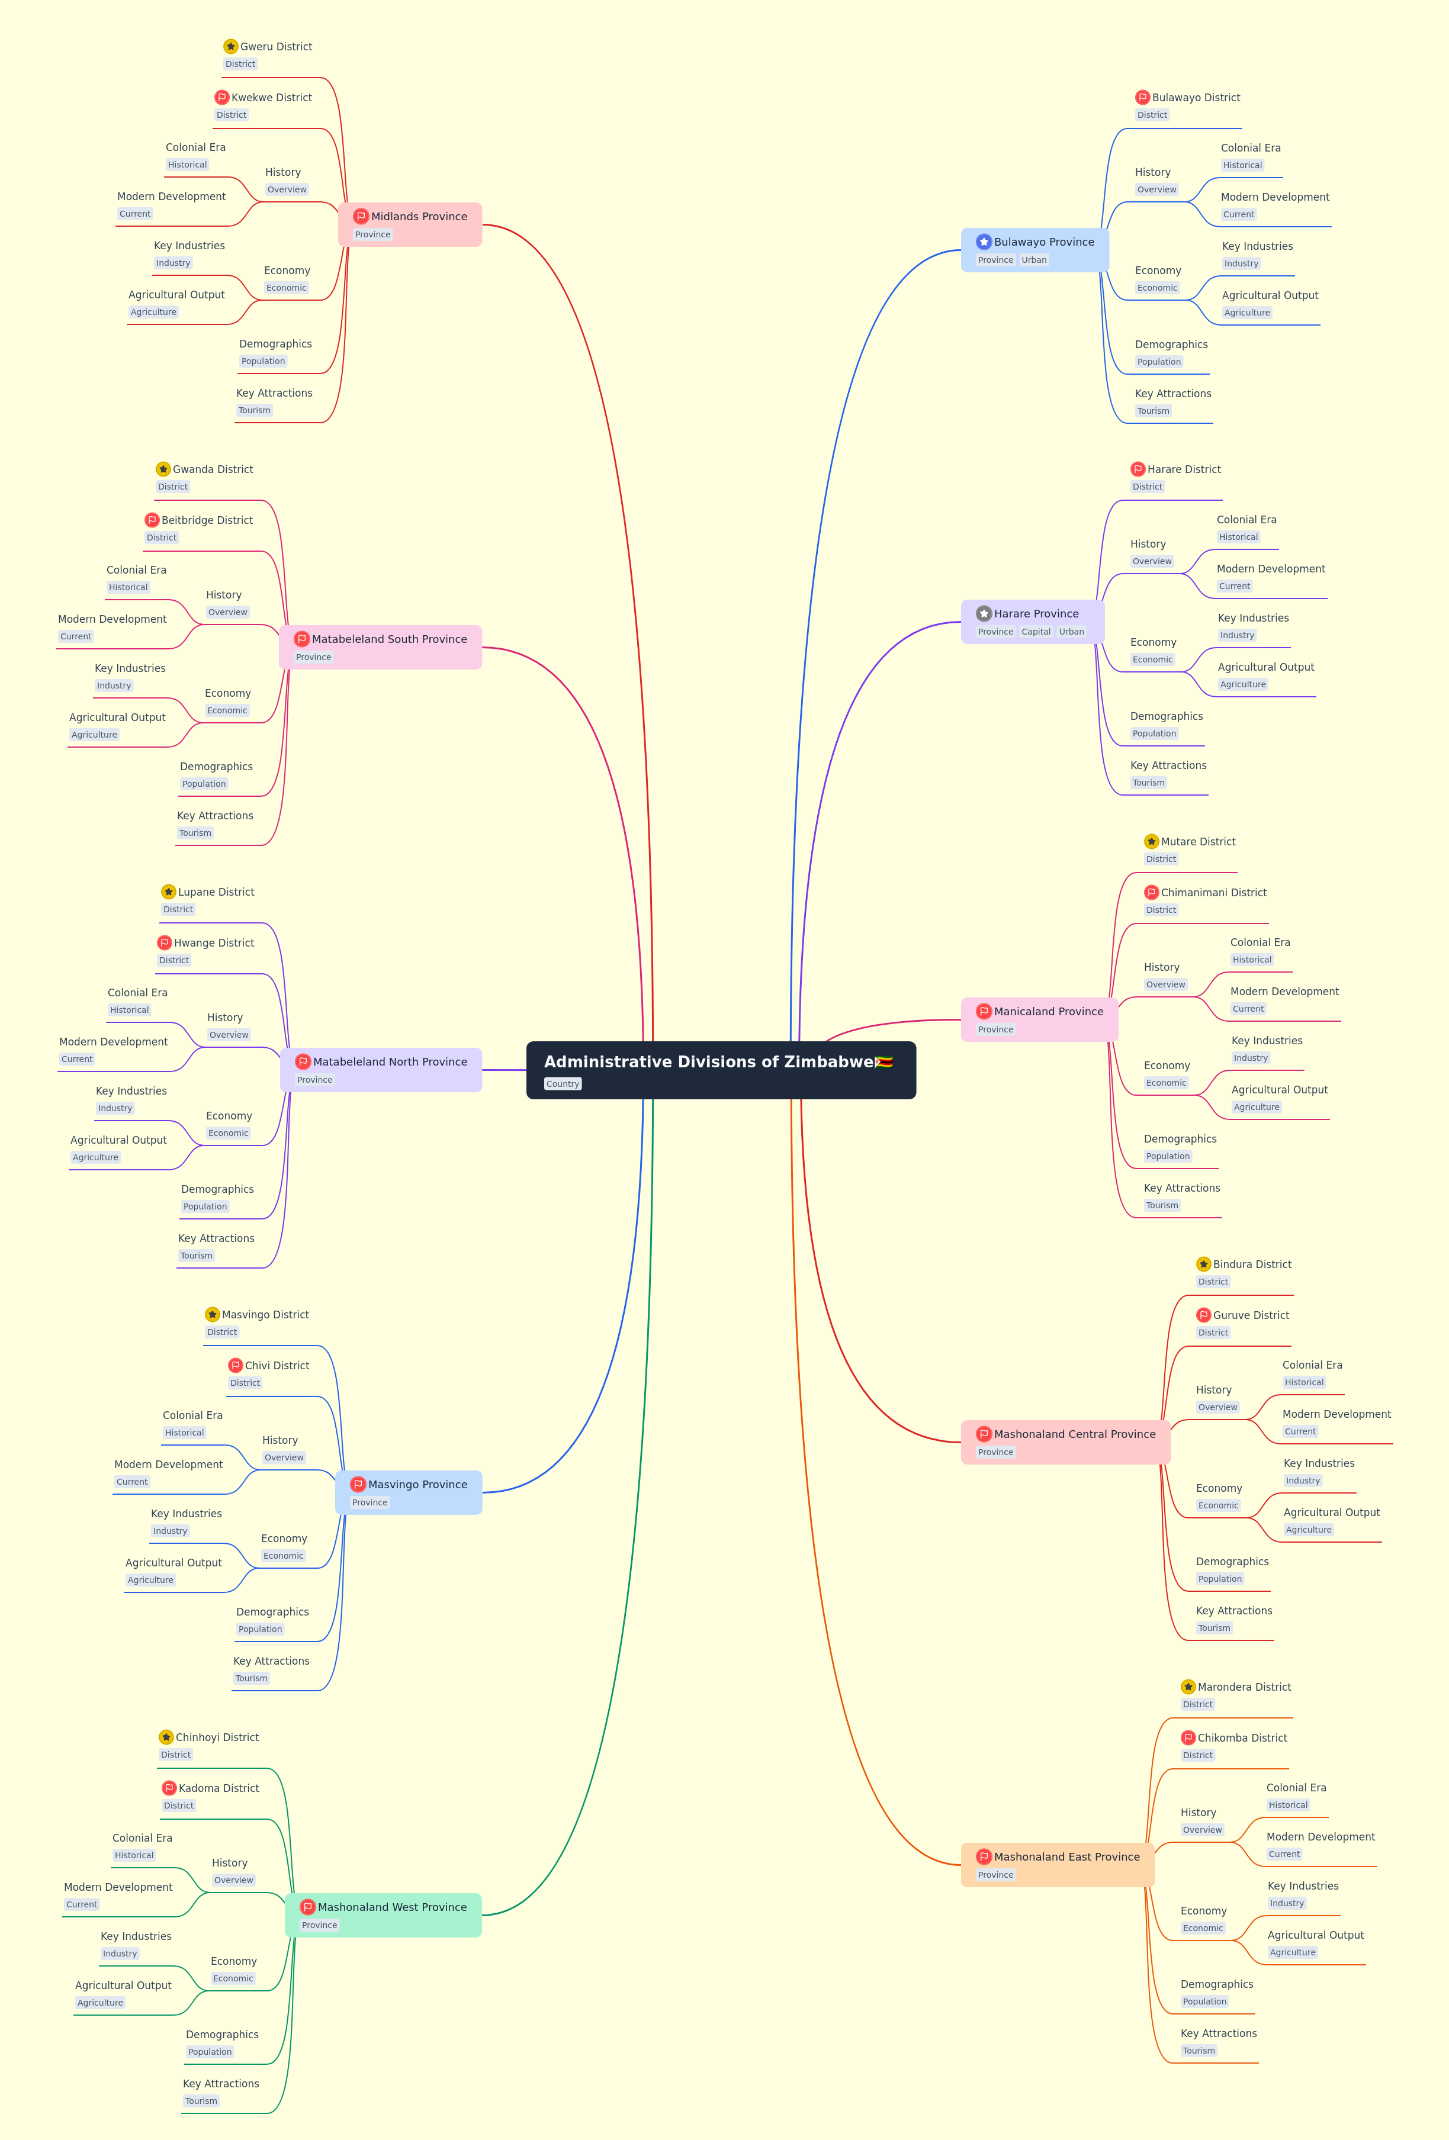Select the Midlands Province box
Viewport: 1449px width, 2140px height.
point(410,225)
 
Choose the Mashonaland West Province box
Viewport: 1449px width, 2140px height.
point(383,1915)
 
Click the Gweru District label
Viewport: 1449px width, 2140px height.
point(275,47)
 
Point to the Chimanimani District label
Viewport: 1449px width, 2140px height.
point(1213,892)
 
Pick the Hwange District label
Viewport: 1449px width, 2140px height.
point(214,943)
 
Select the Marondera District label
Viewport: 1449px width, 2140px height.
point(1244,1687)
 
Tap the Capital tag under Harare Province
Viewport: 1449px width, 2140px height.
point(1036,632)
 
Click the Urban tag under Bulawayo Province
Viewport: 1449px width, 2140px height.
point(1033,260)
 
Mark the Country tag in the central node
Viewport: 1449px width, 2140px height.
point(563,1084)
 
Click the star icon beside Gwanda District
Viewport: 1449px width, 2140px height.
point(163,469)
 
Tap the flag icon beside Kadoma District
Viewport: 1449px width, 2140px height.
point(169,1788)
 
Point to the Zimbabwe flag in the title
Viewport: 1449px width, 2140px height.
point(884,1062)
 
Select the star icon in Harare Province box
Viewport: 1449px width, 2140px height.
point(984,613)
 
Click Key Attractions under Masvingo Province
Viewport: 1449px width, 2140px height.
point(271,1661)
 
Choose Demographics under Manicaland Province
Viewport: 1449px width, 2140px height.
point(1180,1139)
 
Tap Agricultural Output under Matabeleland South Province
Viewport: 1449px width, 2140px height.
point(117,717)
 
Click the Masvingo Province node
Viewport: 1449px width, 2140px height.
point(408,1492)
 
